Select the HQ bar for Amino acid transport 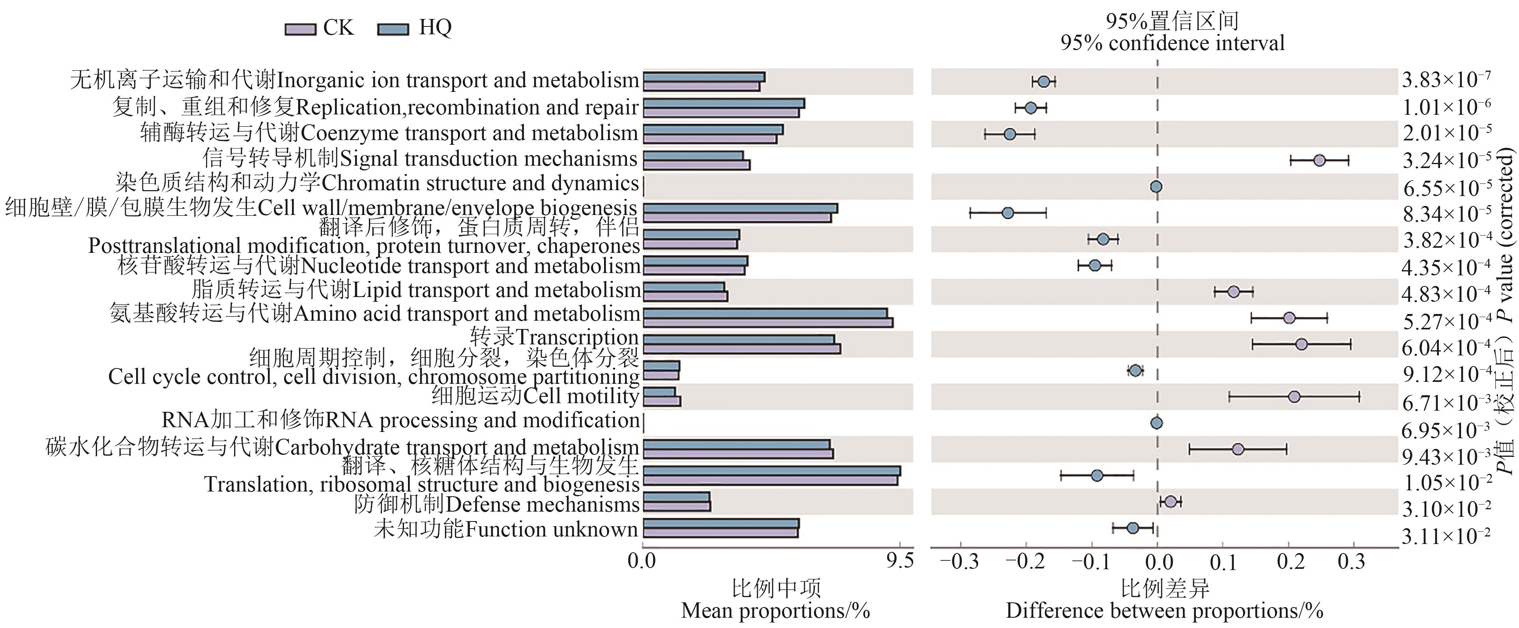[765, 313]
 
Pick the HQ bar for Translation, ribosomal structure [771, 471]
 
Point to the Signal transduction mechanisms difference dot [1320, 161]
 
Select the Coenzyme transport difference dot [1010, 135]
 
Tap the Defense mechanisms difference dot [1171, 502]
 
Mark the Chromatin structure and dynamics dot [1156, 187]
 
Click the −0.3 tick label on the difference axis [960, 561]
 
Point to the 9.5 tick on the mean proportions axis [900, 560]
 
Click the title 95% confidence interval [1172, 43]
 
